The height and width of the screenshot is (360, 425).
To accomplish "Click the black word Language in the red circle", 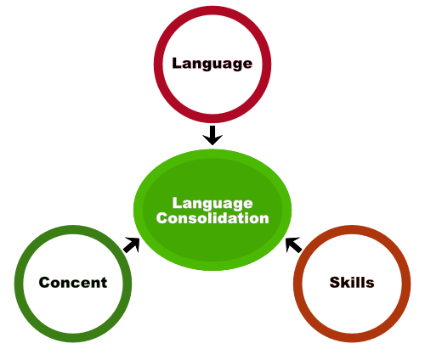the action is (212, 64).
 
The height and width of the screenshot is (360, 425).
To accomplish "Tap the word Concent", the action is (73, 283).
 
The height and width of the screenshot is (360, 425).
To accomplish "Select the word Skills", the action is (352, 283).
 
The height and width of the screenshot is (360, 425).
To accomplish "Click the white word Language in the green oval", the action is (212, 204).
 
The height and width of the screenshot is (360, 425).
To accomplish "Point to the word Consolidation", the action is (212, 218).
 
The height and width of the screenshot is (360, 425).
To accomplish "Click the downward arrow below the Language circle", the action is (212, 135).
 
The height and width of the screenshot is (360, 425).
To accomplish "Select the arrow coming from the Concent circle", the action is (132, 245).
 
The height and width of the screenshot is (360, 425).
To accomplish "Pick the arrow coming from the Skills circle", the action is (293, 245).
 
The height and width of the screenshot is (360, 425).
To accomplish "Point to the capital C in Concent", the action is (45, 283).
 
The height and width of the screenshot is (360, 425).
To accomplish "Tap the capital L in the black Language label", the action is (177, 63).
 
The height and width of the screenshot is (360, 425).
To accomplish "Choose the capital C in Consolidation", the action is (162, 218).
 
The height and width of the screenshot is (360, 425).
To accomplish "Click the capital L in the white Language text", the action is (177, 203).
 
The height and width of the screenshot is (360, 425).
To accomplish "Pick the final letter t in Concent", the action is (104, 283).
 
